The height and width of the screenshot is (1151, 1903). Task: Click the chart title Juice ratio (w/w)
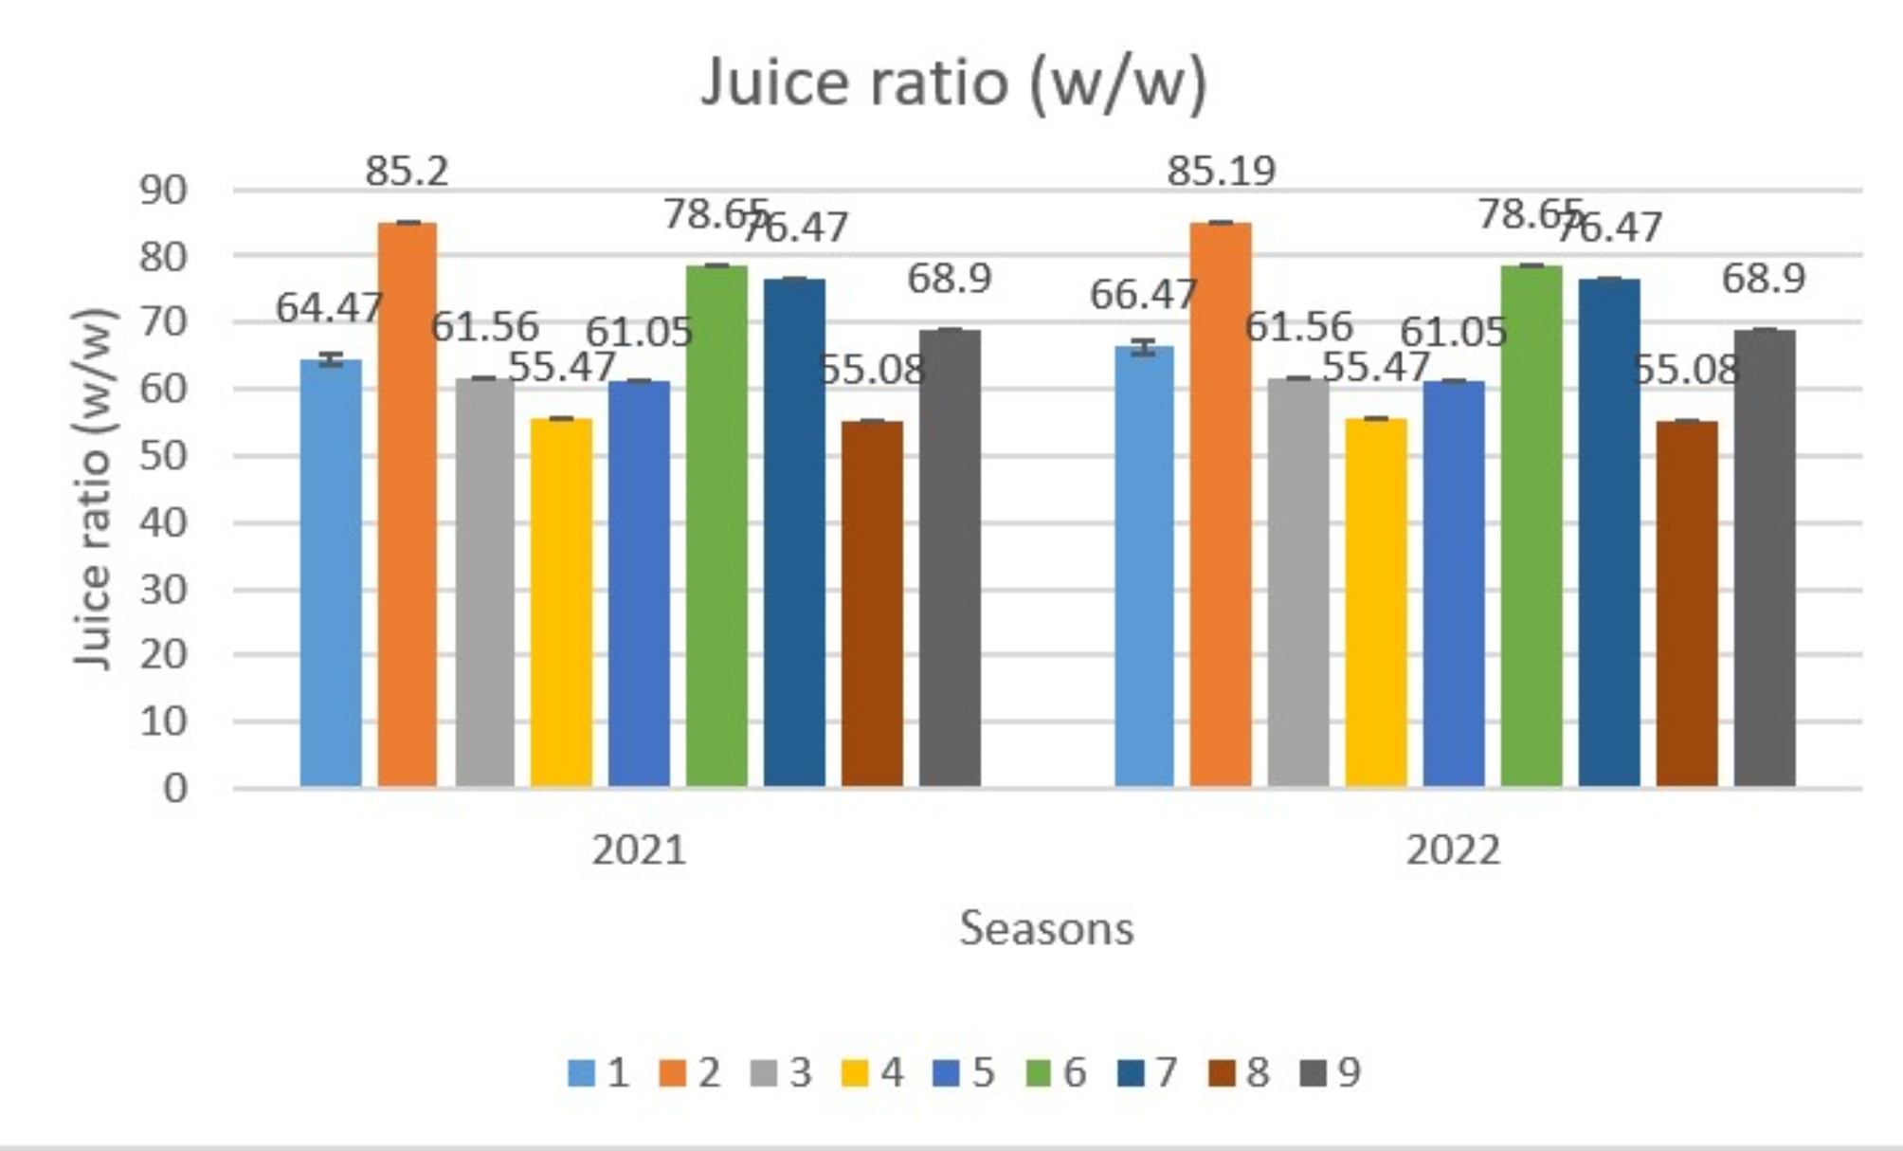coord(953,83)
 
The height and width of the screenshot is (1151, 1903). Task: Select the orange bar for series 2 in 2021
coord(408,502)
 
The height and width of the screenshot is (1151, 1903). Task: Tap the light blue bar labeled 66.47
coord(1144,569)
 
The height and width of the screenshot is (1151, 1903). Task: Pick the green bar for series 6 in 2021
coord(716,526)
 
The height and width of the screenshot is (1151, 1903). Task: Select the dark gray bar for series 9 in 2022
coord(1765,559)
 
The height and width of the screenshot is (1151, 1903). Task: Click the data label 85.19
coord(1221,172)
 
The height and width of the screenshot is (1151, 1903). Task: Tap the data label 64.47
coord(329,308)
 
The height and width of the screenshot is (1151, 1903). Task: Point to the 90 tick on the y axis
coord(163,191)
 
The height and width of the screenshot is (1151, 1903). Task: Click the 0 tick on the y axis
coord(175,788)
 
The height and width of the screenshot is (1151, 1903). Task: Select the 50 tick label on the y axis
coord(163,456)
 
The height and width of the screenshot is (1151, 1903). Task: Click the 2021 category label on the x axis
coord(639,850)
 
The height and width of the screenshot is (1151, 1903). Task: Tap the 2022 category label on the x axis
coord(1453,850)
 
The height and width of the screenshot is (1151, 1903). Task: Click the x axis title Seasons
coord(1046,928)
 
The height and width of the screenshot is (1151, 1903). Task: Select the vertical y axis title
coord(95,488)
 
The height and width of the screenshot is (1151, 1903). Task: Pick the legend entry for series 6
coord(1058,1073)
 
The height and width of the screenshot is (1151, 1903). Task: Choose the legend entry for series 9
coord(1332,1073)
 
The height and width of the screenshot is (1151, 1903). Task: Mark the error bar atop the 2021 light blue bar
coord(330,359)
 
